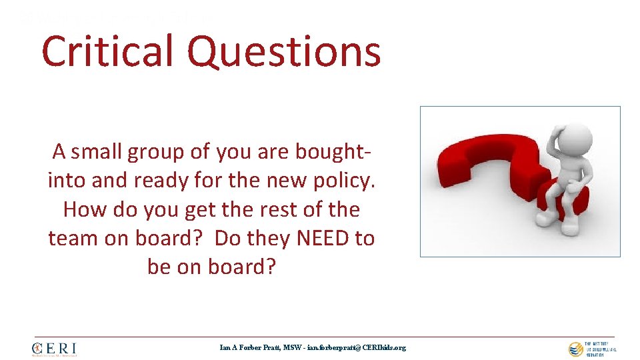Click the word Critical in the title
coord(109,51)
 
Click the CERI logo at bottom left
coord(54,349)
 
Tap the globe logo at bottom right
coord(575,349)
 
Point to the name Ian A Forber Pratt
coord(251,347)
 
